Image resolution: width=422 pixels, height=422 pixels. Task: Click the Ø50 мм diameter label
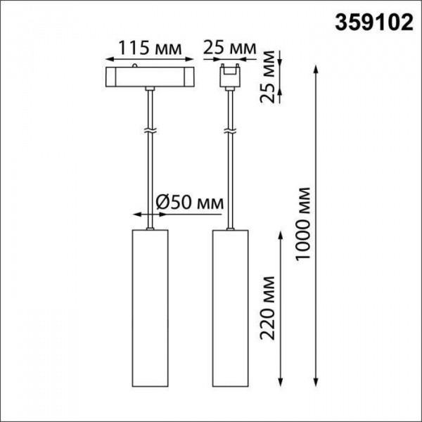click(189, 202)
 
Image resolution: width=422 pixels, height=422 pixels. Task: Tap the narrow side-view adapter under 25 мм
click(229, 75)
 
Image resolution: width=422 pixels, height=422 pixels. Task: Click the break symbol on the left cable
click(149, 132)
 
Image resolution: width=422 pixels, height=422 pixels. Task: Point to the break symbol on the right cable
click(229, 132)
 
